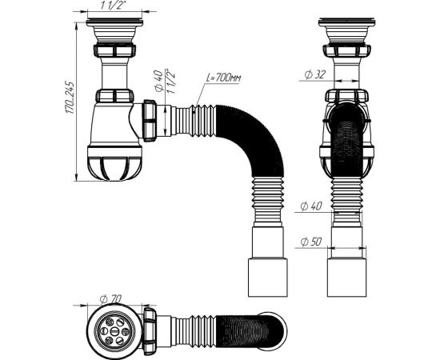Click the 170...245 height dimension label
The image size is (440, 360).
[x=70, y=98]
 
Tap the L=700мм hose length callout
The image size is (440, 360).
[x=224, y=78]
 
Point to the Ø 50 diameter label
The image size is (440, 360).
[x=311, y=242]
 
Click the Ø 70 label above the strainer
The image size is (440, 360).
[x=110, y=299]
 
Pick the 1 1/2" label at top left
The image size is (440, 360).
[x=113, y=6]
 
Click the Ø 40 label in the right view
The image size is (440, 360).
[x=311, y=206]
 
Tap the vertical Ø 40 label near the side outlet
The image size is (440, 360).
[x=159, y=81]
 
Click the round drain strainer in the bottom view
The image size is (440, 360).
[x=114, y=331]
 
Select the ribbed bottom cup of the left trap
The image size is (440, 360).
[x=114, y=162]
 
